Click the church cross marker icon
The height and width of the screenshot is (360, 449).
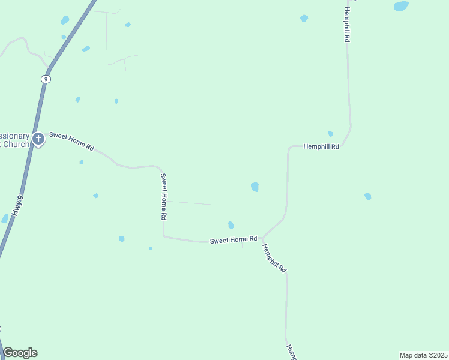pyautogui.click(x=38, y=139)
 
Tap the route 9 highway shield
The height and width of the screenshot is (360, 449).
pyautogui.click(x=46, y=79)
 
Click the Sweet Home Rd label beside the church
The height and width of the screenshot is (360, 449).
pyautogui.click(x=71, y=141)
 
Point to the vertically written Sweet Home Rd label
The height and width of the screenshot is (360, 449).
pyautogui.click(x=163, y=196)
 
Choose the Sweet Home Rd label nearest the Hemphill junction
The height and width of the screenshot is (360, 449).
pyautogui.click(x=234, y=240)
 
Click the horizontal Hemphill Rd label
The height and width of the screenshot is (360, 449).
pyautogui.click(x=321, y=146)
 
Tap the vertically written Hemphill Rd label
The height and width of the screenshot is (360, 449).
pyautogui.click(x=346, y=25)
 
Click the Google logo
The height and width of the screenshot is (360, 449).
pyautogui.click(x=20, y=353)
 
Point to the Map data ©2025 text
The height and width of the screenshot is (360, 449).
pyautogui.click(x=423, y=355)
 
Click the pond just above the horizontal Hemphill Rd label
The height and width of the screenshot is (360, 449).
pyautogui.click(x=330, y=134)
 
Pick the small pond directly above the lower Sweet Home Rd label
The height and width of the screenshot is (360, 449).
pyautogui.click(x=231, y=225)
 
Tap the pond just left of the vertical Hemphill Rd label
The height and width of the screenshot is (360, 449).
pyautogui.click(x=304, y=19)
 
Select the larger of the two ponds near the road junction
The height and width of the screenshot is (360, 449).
pyautogui.click(x=255, y=187)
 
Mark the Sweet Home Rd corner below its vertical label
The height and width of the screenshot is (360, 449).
pyautogui.click(x=164, y=236)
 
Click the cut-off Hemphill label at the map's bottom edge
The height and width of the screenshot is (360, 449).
pyautogui.click(x=291, y=353)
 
